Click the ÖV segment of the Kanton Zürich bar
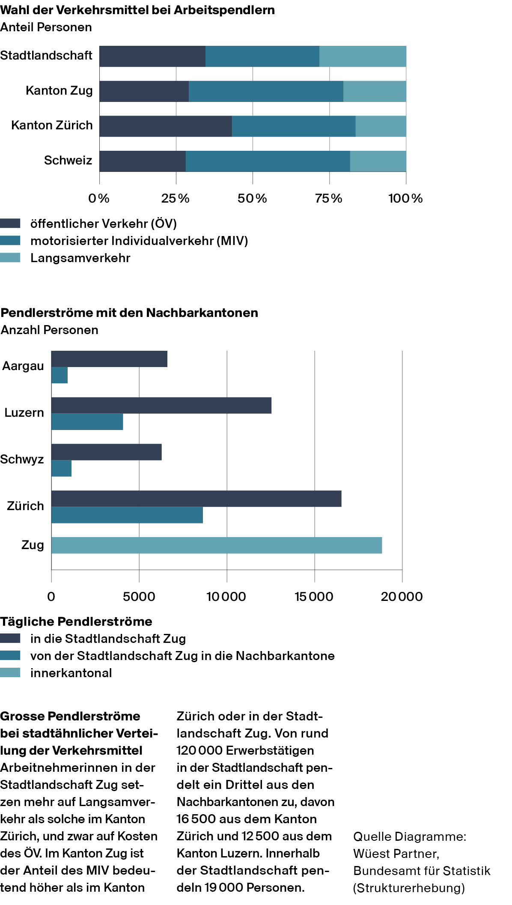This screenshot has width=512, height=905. coord(166,126)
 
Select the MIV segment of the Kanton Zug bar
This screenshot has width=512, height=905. coord(266,91)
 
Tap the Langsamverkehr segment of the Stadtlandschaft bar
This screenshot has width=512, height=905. coord(363,56)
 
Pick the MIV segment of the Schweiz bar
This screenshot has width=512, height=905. coord(268,161)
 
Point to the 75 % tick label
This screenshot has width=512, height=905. coord(329,198)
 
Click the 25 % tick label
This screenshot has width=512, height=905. coord(176,198)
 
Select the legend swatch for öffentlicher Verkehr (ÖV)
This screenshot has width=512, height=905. coord(10,224)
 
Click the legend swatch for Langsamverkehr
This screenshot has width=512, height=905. coord(10,258)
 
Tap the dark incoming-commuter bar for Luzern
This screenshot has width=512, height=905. coord(161,406)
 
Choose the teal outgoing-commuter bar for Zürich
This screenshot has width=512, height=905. coord(127,515)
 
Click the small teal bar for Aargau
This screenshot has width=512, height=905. coord(60,375)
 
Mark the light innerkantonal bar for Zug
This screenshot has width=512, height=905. coord(217,545)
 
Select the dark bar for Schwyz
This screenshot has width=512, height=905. coord(107,452)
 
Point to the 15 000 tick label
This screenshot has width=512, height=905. coord(314,597)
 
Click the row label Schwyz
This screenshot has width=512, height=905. coord(22,460)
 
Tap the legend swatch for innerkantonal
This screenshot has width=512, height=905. coord(10,673)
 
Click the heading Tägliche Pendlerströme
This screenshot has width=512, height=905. coord(76,621)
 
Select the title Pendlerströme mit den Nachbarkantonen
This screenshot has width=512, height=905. coord(129,313)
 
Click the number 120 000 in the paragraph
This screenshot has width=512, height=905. coord(199,750)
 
